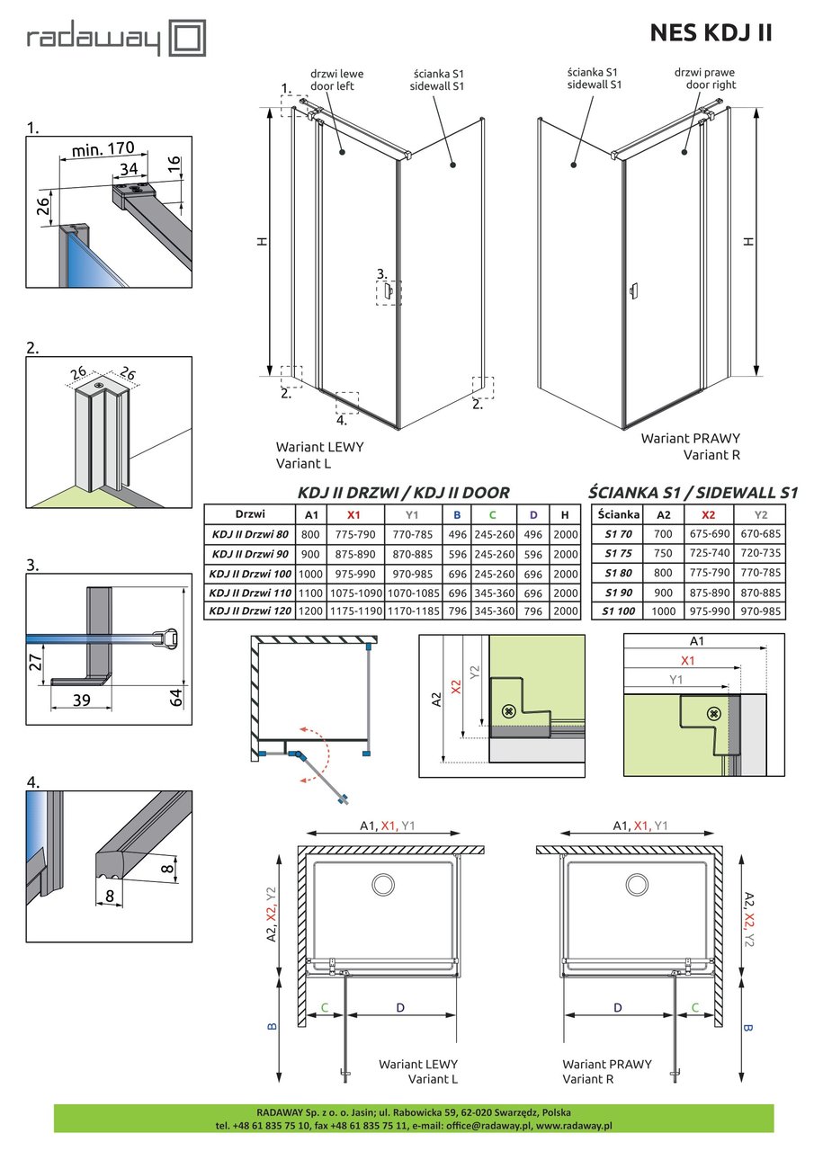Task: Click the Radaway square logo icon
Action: pos(190,40)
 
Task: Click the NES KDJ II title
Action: pos(710,33)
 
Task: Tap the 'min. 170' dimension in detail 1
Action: pos(98,147)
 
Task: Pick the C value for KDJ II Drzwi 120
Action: pos(492,611)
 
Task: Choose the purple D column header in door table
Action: pos(533,515)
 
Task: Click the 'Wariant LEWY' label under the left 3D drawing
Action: pos(319,446)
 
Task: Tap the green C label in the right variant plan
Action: pos(696,1008)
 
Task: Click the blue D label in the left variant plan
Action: pos(399,1008)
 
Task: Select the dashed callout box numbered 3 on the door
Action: pos(389,292)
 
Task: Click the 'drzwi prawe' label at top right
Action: pos(705,71)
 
